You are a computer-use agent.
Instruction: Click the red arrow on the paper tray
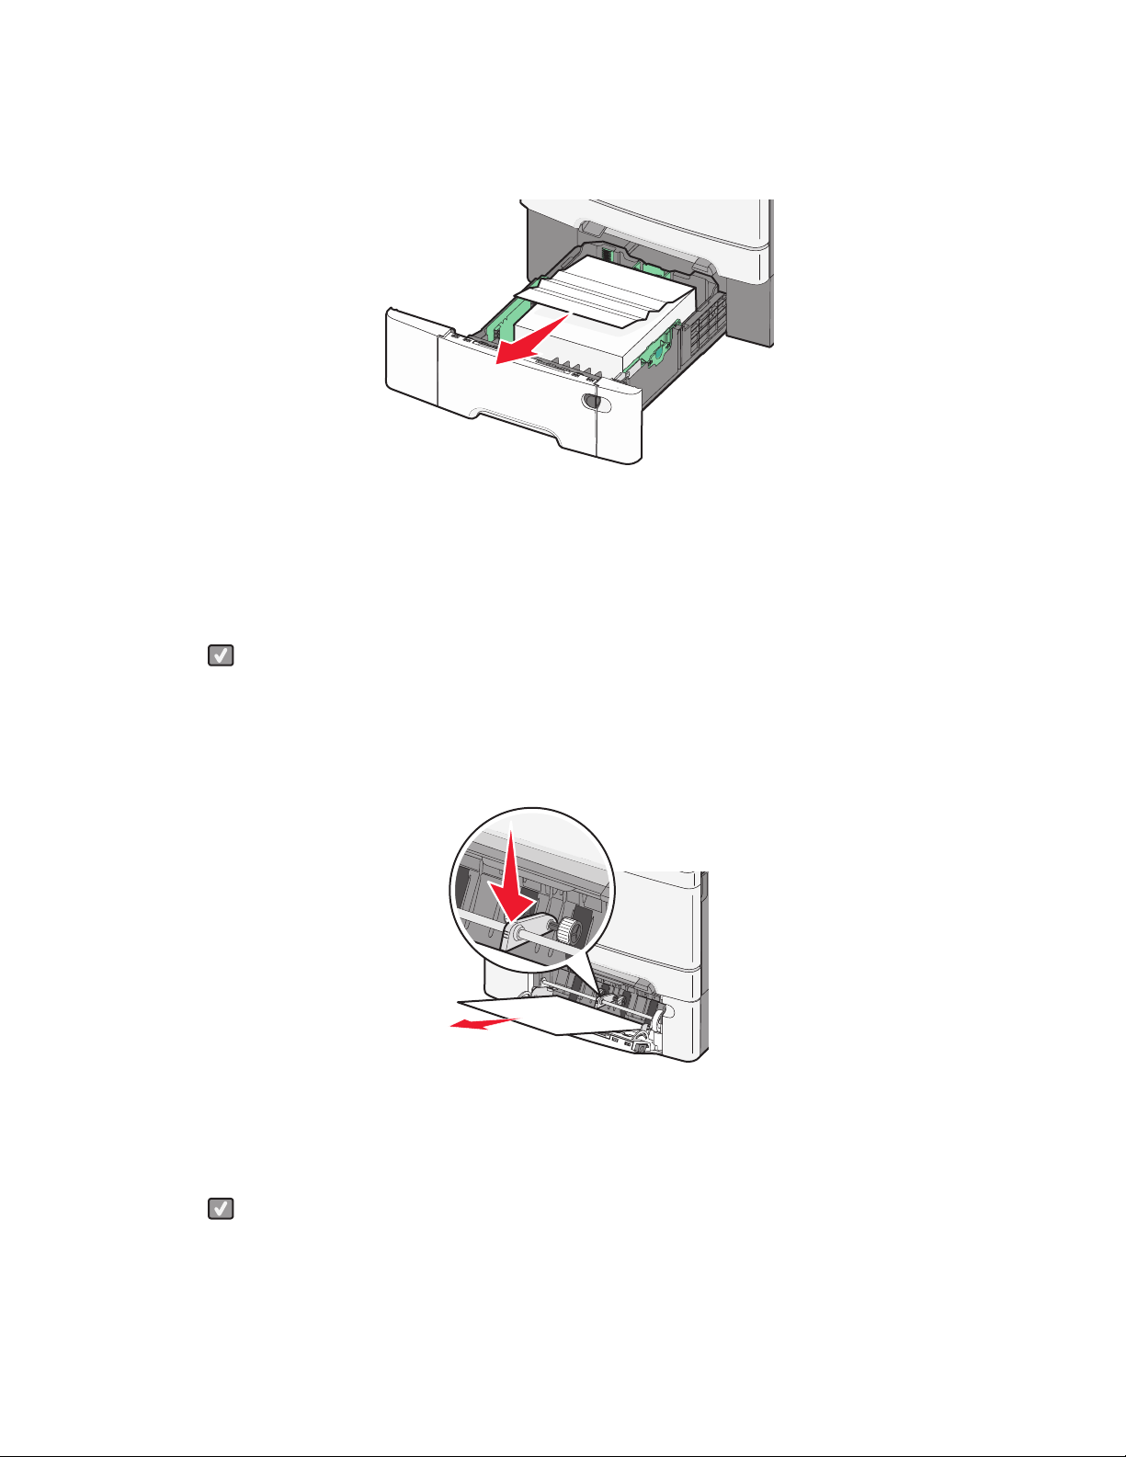coord(529,339)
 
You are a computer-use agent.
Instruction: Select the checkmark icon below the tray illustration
coord(221,655)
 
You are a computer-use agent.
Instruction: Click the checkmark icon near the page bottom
coord(221,1209)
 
